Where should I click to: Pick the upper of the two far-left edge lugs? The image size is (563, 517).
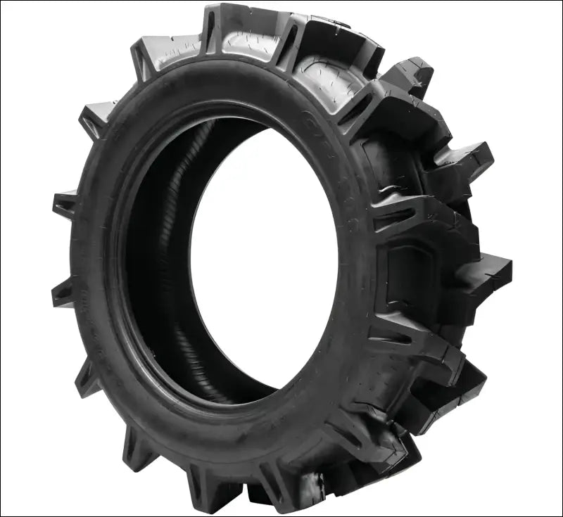pyautogui.click(x=65, y=205)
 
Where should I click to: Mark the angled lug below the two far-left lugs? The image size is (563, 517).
pyautogui.click(x=88, y=376)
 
